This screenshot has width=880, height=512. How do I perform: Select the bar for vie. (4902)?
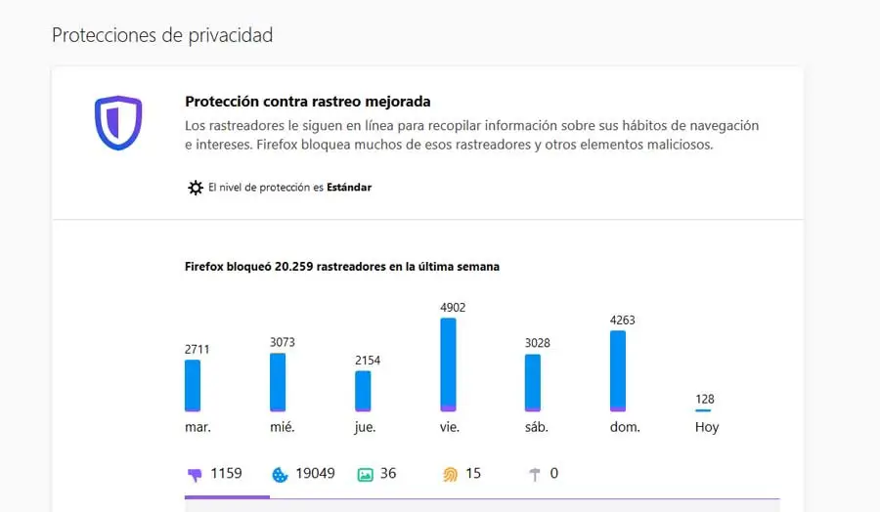448,364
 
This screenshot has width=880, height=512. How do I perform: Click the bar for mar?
193,385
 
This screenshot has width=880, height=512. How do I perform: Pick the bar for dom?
618,370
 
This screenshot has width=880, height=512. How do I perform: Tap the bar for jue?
363,391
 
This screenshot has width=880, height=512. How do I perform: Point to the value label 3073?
282,342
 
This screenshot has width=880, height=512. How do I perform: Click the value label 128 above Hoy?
705,399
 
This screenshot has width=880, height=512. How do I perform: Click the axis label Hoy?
706,427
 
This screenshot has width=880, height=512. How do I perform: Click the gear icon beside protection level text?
196,188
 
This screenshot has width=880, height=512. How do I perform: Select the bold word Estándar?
349,188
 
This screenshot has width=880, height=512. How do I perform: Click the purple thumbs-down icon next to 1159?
194,475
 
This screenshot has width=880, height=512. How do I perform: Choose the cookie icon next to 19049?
280,475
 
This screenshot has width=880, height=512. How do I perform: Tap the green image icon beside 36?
365,475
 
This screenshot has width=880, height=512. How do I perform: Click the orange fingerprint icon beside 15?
450,475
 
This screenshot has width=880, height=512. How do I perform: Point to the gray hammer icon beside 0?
535,475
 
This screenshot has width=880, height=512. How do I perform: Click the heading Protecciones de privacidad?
162,36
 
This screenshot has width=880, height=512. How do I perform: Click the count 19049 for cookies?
315,474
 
